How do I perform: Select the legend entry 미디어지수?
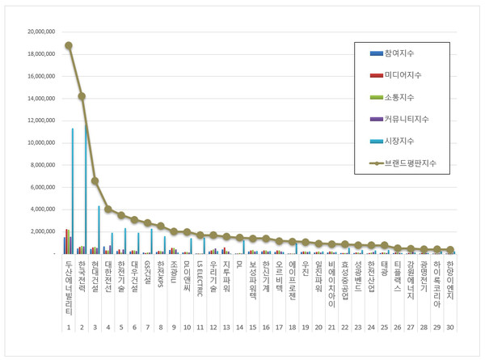[x=410, y=75]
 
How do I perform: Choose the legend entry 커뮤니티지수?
[x=412, y=119]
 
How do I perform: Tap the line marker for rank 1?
[x=69, y=45]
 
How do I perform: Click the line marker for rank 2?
[x=82, y=96]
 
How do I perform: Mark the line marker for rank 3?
[x=95, y=180]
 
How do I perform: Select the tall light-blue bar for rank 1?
[x=73, y=191]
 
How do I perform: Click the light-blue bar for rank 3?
[x=99, y=230]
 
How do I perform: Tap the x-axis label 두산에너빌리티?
[x=69, y=287]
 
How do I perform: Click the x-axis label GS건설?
[x=147, y=273]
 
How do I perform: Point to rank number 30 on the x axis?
[x=449, y=327]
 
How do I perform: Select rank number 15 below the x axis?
[x=252, y=327]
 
